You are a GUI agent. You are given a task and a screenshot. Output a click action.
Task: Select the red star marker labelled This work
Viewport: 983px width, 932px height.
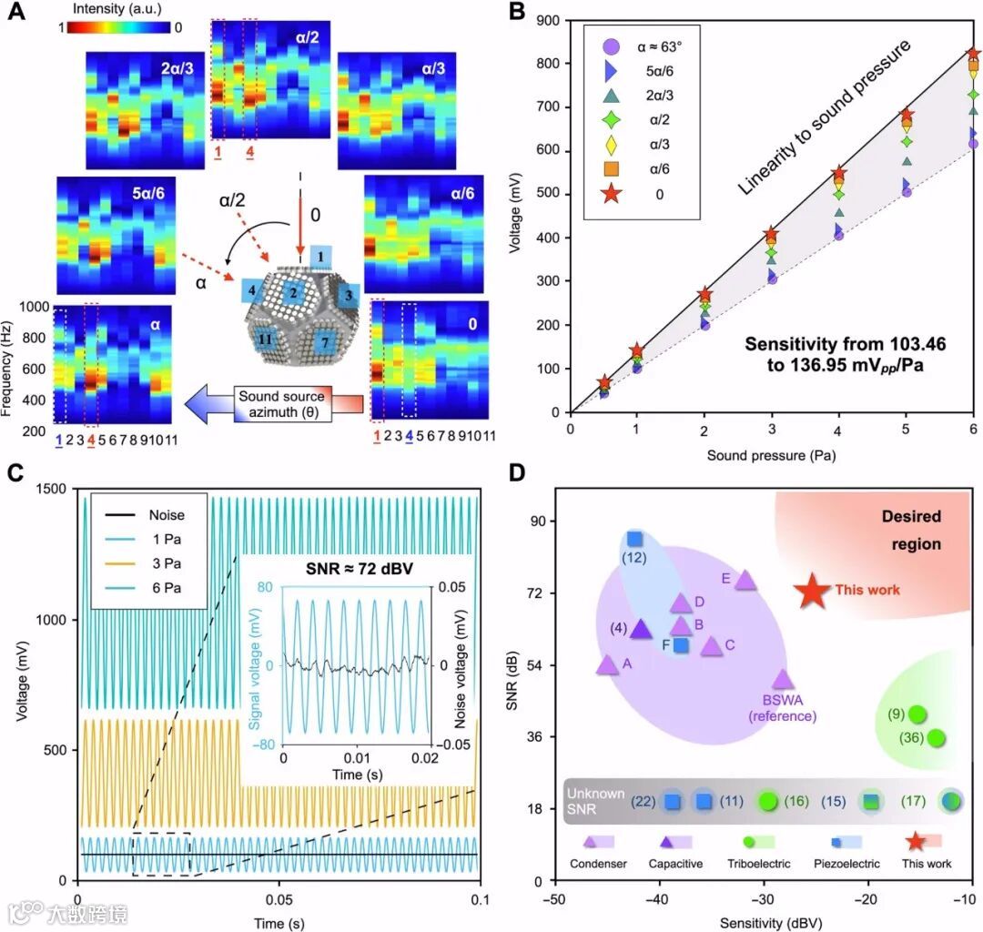tap(812, 591)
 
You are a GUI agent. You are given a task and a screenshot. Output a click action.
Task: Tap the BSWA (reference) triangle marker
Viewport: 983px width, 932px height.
tap(783, 679)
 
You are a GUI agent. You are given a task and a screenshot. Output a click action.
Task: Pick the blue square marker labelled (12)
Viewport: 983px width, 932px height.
tap(634, 539)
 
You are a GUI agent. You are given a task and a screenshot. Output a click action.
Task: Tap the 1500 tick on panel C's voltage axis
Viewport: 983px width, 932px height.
tap(61, 489)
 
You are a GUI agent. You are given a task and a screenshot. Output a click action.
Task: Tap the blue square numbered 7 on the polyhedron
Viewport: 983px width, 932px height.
tap(322, 343)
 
